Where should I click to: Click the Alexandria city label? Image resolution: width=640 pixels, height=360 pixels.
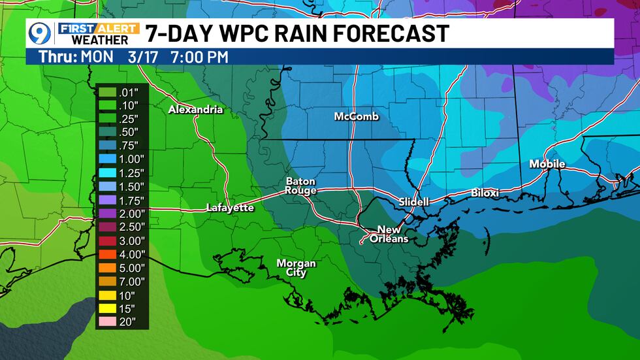pos(195,110)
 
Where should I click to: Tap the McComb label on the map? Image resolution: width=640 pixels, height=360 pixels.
pos(356,117)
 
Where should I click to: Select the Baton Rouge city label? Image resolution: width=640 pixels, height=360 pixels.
pos(300,186)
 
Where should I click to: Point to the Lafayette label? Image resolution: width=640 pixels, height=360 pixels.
pos(230,208)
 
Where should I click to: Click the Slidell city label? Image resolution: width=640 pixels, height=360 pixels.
pos(414,202)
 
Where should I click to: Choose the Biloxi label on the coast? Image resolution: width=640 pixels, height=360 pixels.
pos(485,193)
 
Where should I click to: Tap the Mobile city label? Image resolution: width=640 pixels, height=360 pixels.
pos(547,164)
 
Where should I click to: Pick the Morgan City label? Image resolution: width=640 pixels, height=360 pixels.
pos(296,268)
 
